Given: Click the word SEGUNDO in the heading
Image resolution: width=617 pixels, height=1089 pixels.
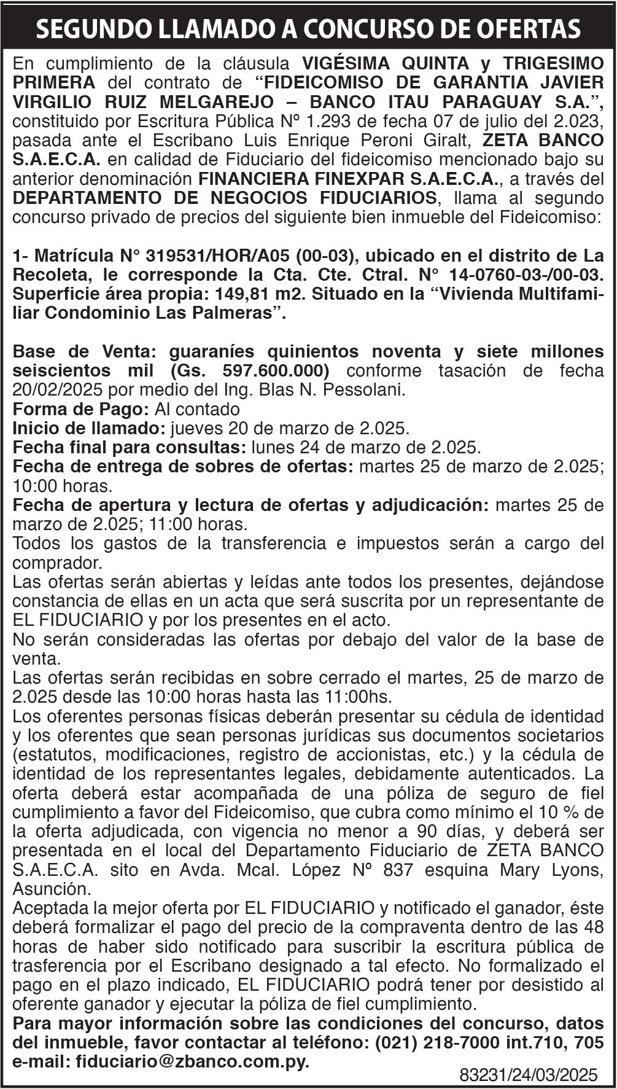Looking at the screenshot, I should (x=90, y=29).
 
